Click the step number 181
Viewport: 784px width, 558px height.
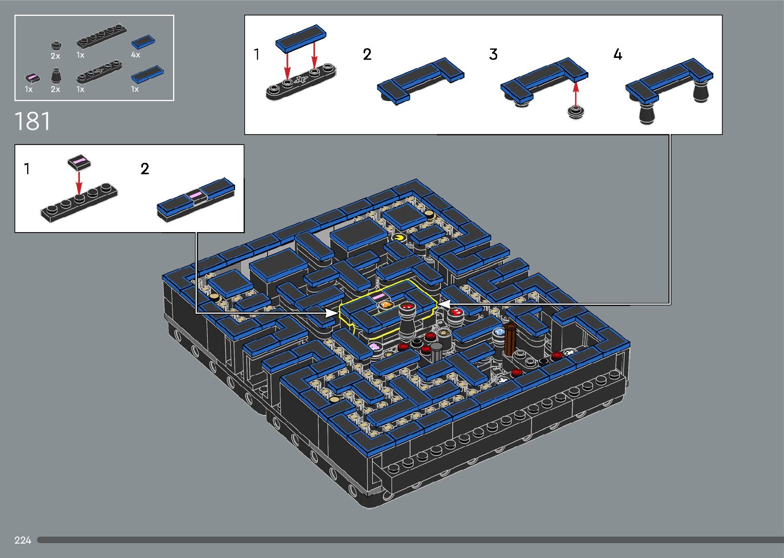(32, 121)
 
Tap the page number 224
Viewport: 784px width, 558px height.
(23, 540)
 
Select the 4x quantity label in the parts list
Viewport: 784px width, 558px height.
(136, 55)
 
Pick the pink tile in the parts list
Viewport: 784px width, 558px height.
(33, 78)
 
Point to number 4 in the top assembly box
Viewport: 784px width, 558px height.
(618, 55)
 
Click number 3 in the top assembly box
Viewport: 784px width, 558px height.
(493, 55)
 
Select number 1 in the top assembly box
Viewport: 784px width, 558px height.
(257, 55)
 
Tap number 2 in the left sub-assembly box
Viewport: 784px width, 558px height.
(145, 169)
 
